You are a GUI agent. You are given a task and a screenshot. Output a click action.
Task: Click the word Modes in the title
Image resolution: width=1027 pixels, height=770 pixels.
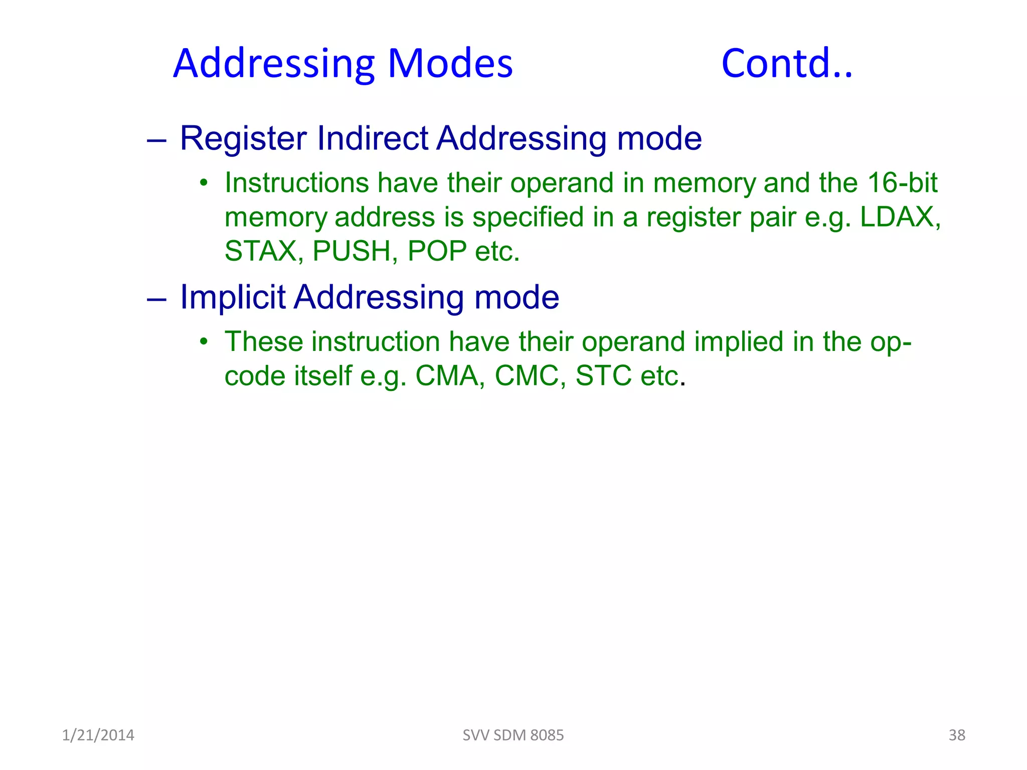pyautogui.click(x=450, y=64)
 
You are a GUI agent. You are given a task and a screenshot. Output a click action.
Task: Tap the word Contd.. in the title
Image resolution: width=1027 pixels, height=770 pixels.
pyautogui.click(x=786, y=64)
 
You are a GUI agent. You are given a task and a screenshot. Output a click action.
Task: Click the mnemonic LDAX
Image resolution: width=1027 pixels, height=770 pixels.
pyautogui.click(x=897, y=217)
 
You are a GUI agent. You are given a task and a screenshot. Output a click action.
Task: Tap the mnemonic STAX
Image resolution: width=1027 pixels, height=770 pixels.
pyautogui.click(x=261, y=251)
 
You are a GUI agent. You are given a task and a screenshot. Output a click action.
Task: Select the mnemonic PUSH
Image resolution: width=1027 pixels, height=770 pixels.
pyautogui.click(x=352, y=251)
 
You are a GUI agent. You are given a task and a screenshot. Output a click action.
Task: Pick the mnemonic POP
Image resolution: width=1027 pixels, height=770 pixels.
pyautogui.click(x=437, y=251)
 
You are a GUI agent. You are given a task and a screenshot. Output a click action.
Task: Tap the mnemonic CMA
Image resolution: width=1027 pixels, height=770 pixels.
pyautogui.click(x=447, y=375)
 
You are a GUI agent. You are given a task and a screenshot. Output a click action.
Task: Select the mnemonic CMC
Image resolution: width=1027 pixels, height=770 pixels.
pyautogui.click(x=527, y=375)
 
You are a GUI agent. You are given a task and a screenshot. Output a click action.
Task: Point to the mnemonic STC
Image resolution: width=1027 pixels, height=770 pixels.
pyautogui.click(x=603, y=375)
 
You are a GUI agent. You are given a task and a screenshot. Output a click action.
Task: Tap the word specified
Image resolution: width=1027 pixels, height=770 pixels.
pyautogui.click(x=528, y=217)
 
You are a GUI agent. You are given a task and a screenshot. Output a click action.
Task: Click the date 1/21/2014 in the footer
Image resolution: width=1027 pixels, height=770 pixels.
pyautogui.click(x=98, y=735)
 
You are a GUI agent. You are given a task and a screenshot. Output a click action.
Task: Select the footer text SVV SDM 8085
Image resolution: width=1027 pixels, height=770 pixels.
pyautogui.click(x=513, y=735)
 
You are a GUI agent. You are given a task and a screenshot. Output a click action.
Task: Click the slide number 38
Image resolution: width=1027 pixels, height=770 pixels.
pyautogui.click(x=957, y=735)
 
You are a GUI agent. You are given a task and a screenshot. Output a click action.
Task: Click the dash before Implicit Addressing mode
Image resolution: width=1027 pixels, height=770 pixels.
pyautogui.click(x=156, y=299)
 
